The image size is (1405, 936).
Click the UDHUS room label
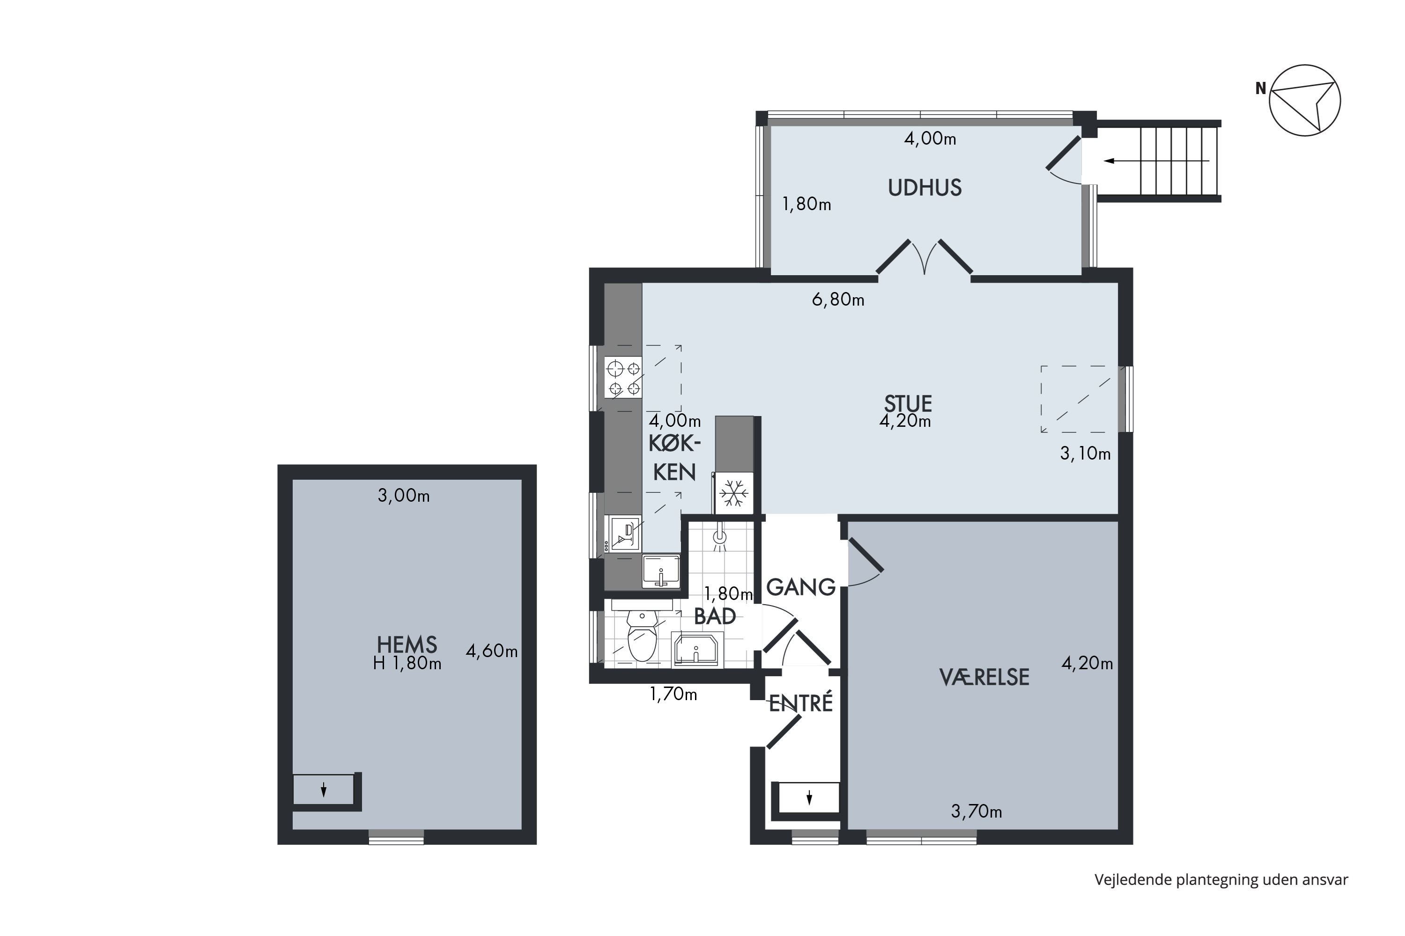(924, 188)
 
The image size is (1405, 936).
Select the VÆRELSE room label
(984, 677)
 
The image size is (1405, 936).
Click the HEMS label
(407, 645)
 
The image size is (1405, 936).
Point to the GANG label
(800, 587)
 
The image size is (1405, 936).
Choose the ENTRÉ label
(800, 703)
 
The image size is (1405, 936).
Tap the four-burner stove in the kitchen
(623, 378)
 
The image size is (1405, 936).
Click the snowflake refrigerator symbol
(733, 494)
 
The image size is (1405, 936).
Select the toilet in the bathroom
(642, 636)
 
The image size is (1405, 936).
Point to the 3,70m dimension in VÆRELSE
(976, 811)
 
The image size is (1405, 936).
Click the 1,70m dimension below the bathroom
(673, 694)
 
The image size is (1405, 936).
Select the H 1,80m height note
(407, 663)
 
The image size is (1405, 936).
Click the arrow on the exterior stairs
(1156, 161)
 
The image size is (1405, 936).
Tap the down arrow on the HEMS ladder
(324, 790)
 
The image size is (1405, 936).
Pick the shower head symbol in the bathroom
(720, 537)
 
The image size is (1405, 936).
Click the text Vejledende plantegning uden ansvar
(1221, 880)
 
